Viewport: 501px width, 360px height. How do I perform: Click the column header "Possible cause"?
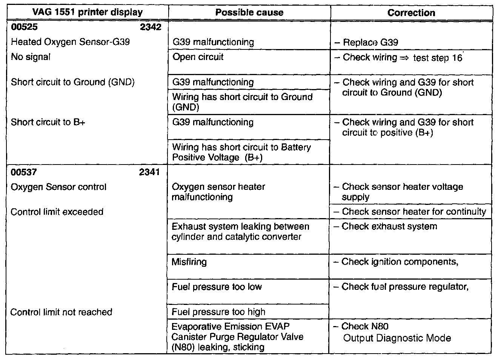pos(249,12)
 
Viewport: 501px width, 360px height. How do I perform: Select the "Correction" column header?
pos(411,12)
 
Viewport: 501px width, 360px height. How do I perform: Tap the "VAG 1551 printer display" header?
pos(87,12)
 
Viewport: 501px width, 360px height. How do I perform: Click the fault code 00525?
pos(25,27)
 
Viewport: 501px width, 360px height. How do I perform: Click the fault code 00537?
pos(24,172)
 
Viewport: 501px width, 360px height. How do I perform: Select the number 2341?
pos(149,172)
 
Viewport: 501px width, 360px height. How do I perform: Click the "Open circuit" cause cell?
pos(198,57)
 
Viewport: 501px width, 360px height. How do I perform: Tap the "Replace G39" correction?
pos(370,42)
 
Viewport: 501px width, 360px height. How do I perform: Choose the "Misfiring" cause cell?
pos(189,262)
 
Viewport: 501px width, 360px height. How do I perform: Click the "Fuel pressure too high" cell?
pos(218,312)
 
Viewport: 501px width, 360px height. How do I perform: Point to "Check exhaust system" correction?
pos(389,226)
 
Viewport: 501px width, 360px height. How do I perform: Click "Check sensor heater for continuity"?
pos(414,212)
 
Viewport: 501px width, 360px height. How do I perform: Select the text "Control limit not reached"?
pos(61,312)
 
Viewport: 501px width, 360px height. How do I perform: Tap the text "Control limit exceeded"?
pos(57,212)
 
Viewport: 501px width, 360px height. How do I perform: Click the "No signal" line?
pos(31,57)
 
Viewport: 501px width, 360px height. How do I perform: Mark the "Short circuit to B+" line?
pos(48,122)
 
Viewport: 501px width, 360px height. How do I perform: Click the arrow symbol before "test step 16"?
pos(405,58)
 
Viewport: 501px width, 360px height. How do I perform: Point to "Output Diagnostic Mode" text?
pos(397,338)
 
